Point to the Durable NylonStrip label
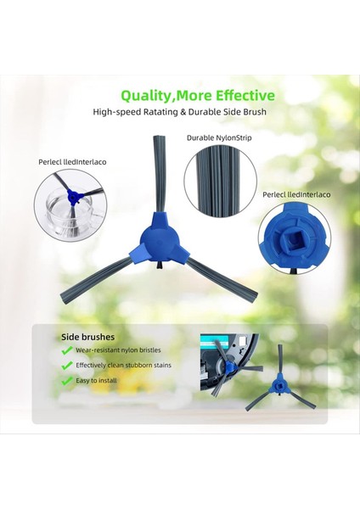tap(219, 137)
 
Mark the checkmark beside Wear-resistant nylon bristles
tap(67, 350)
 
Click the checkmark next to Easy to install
tap(67, 381)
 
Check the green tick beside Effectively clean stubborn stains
tap(67, 366)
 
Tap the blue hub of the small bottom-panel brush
tap(280, 386)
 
